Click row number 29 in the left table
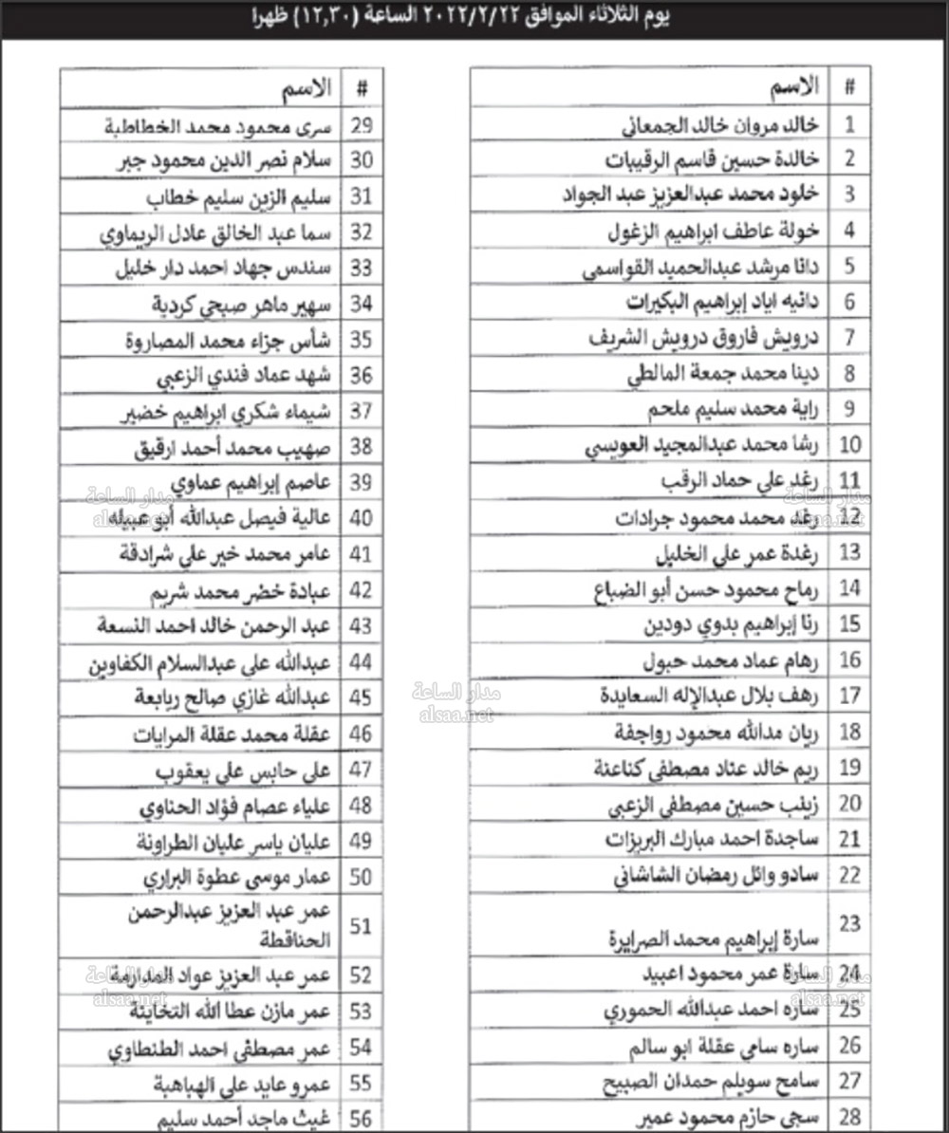362,125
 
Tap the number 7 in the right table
849,338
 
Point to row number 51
361,926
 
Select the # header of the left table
362,88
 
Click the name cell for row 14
698,588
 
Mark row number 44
362,662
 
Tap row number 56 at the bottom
361,1119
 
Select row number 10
849,444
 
